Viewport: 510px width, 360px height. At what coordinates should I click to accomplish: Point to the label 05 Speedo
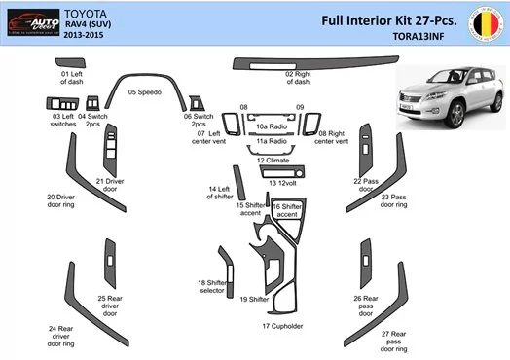(x=145, y=91)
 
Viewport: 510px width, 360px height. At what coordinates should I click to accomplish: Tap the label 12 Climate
(x=273, y=160)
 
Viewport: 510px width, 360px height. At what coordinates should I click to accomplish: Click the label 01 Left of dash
(x=73, y=78)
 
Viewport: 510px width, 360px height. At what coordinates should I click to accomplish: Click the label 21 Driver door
(x=109, y=185)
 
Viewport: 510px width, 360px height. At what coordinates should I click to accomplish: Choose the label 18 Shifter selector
(x=211, y=286)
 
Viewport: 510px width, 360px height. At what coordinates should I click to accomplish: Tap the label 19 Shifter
(x=254, y=299)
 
